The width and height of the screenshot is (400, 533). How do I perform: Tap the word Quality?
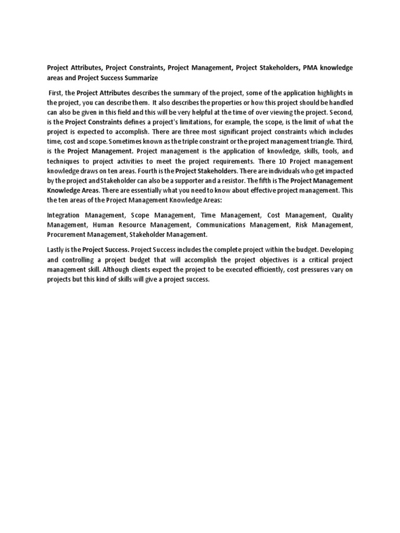[341, 215]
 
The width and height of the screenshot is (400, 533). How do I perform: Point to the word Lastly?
[57, 249]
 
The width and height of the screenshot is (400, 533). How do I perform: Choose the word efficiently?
[257, 269]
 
